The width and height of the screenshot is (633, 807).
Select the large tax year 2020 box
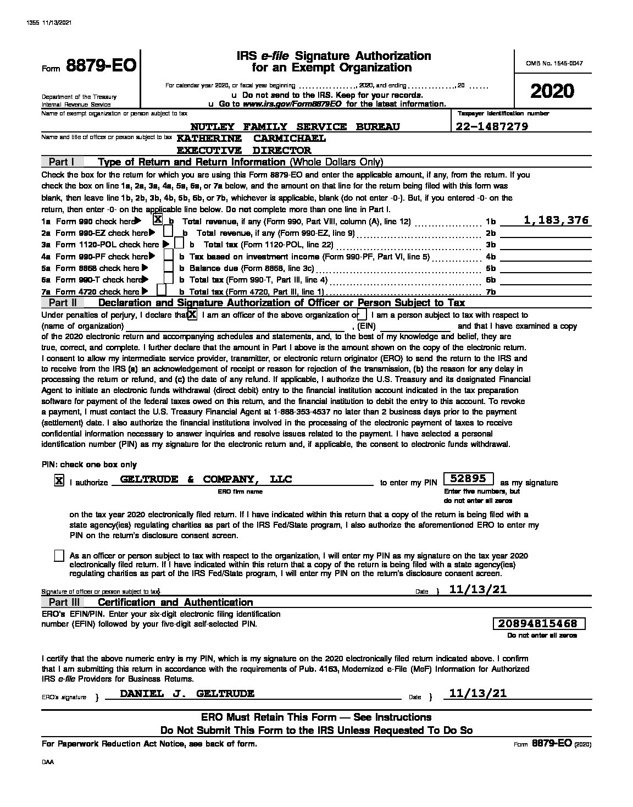552,91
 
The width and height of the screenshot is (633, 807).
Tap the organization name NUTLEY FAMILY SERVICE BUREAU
295,127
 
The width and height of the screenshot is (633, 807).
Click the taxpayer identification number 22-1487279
492,127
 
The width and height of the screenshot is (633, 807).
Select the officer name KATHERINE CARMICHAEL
251,139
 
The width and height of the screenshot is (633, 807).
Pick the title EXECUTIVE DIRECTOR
244,150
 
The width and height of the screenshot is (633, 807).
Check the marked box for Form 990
158,220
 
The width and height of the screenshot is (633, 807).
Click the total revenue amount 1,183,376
556,220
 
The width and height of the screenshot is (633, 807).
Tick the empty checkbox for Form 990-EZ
168,233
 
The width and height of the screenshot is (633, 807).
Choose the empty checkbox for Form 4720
162,290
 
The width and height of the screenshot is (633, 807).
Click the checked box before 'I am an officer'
192,314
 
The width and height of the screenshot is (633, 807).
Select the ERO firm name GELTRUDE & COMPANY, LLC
206,479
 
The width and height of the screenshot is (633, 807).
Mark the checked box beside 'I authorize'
58,481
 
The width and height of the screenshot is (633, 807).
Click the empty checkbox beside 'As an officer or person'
59,556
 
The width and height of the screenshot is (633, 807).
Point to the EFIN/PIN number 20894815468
538,623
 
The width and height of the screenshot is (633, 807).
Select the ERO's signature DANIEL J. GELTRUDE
187,694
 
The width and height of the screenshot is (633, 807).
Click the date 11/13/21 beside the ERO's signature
477,694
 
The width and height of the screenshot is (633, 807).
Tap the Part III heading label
64,602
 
